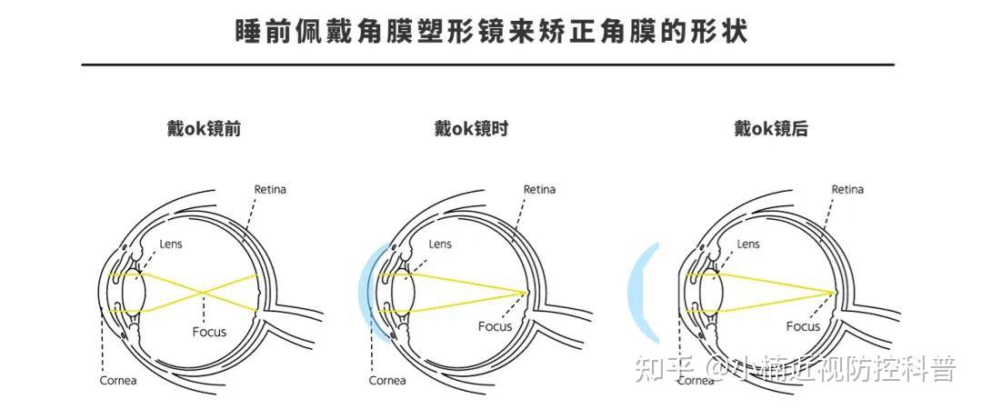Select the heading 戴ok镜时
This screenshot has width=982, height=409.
471,129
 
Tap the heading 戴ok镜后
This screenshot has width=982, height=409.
771,129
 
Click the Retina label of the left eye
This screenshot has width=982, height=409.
270,189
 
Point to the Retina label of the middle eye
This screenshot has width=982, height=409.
539,189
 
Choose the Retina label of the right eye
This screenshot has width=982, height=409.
847,189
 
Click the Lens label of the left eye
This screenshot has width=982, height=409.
171,244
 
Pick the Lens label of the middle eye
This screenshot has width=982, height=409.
440,244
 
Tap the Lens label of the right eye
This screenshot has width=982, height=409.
748,244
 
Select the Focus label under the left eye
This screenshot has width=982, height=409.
209,332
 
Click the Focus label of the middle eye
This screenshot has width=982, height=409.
495,326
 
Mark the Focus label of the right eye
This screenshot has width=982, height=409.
803,326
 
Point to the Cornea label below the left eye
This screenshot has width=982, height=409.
118,380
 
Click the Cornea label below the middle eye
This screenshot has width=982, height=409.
387,380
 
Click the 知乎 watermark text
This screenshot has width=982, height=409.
667,369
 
